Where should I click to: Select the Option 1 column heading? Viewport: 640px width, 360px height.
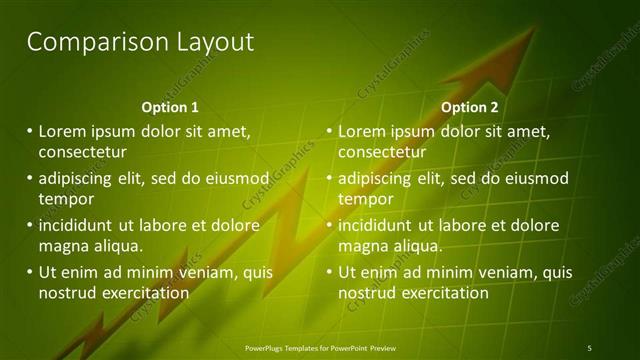coord(170,107)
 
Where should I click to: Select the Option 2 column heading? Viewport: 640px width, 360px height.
coord(469,107)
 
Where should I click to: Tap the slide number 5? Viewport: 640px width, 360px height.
coord(589,347)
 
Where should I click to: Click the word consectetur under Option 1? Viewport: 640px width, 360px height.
coord(82,152)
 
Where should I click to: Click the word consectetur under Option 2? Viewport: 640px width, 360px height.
coord(382,152)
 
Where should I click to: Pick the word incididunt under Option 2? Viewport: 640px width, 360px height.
coord(377,225)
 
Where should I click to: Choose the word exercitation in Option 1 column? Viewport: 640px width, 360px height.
coord(144,293)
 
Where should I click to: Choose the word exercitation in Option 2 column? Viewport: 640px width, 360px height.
coord(444,293)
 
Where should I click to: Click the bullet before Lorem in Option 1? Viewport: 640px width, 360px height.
coord(30,131)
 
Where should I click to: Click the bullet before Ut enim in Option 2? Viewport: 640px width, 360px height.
coord(330,272)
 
